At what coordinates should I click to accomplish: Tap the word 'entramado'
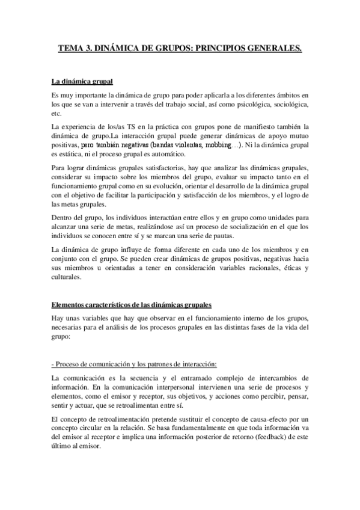[181, 377]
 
